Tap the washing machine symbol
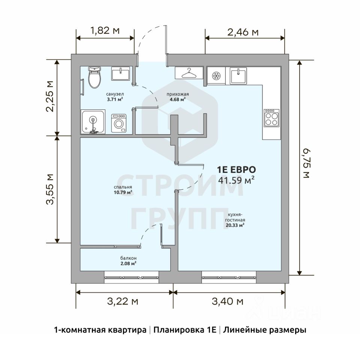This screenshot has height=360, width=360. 119,123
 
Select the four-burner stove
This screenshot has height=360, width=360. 271,118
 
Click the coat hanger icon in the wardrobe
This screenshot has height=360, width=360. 189,73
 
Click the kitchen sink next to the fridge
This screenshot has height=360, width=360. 238,75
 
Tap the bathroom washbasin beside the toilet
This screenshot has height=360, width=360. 120,74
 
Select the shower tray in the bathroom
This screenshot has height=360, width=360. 93,121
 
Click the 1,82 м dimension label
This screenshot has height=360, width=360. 105,30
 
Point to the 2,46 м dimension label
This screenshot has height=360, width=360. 243,32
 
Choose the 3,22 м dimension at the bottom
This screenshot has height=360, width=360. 123,301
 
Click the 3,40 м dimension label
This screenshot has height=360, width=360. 228,301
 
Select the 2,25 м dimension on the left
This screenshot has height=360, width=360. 49,96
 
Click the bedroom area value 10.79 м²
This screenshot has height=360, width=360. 123,192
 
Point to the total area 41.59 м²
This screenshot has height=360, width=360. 236,180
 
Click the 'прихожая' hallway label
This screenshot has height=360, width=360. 178,94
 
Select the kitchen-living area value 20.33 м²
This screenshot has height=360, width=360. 235,225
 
